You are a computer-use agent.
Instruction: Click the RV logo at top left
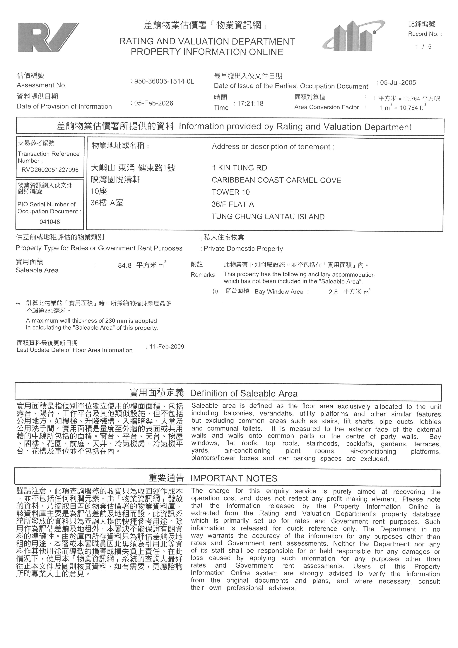coord(48,37)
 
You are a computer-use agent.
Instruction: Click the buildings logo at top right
coord(353,36)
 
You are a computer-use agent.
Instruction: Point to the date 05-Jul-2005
coord(398,83)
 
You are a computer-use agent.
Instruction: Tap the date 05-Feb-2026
coord(153,103)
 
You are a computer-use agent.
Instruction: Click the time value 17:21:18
coord(250,104)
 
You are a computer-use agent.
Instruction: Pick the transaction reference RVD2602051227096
coord(50,170)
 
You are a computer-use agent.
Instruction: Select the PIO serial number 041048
coord(50,222)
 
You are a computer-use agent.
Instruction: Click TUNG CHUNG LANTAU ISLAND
coord(268,217)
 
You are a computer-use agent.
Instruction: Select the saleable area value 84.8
coord(125,266)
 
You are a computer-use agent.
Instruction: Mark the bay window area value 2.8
coord(333,292)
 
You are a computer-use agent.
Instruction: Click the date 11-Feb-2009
coord(167,347)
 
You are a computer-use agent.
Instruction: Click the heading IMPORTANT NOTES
coord(234,478)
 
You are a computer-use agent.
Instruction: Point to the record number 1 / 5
coord(423,47)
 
